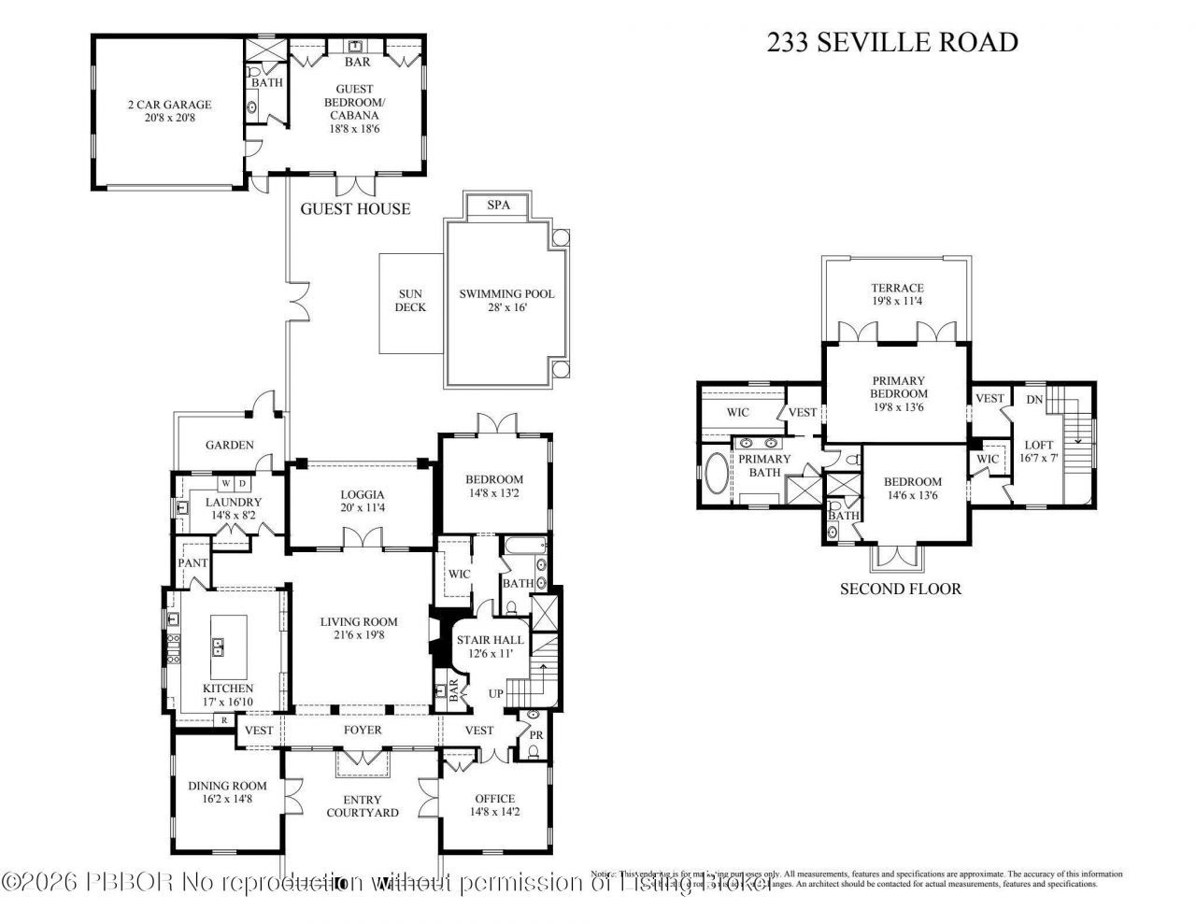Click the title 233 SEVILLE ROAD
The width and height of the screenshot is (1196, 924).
click(x=892, y=42)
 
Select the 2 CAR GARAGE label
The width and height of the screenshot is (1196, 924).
click(x=169, y=105)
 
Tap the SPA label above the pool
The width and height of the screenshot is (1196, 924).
click(x=499, y=206)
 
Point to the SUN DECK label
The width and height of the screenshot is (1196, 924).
click(x=409, y=300)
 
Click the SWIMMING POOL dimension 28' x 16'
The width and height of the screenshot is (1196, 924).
click(x=506, y=307)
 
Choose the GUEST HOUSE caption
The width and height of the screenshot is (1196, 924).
click(x=355, y=208)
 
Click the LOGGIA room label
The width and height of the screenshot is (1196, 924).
click(x=363, y=494)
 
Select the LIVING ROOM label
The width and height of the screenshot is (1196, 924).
click(x=359, y=621)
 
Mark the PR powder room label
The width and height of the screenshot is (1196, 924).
click(x=536, y=736)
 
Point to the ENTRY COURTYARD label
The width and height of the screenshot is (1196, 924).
click(x=363, y=805)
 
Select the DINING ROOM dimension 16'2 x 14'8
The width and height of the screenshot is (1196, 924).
click(x=227, y=799)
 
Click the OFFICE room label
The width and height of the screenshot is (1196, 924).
click(x=494, y=798)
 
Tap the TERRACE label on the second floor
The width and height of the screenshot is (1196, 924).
click(x=897, y=288)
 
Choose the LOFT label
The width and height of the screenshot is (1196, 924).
click(x=1038, y=445)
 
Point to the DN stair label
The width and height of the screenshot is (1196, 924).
click(x=1034, y=399)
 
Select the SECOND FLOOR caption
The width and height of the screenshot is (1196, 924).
click(x=900, y=589)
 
